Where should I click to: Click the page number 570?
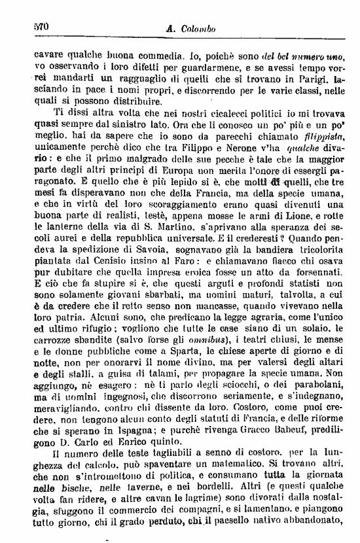tap(41, 27)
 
